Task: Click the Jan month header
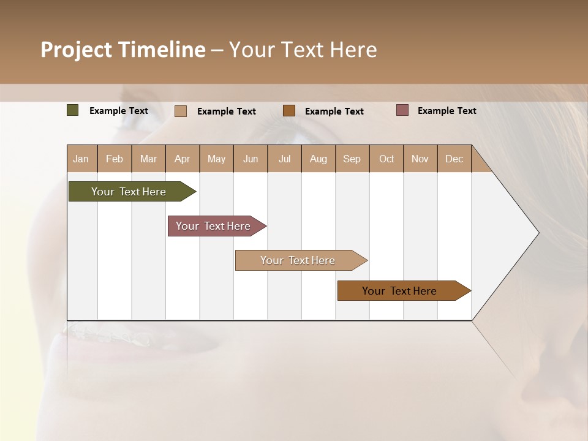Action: (x=81, y=159)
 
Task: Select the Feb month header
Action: (x=115, y=159)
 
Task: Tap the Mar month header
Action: (x=148, y=159)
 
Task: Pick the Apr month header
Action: (x=183, y=159)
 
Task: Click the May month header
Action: (x=216, y=159)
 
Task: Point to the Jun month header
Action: (x=251, y=159)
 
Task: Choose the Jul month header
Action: (x=284, y=159)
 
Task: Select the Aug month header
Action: (x=318, y=159)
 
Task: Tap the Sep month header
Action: (x=352, y=159)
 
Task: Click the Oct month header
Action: (x=386, y=159)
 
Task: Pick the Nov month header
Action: (x=420, y=159)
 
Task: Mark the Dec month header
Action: (x=454, y=159)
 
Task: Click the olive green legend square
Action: (x=73, y=110)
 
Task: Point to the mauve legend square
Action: (x=402, y=110)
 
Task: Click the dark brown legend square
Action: (x=289, y=111)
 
